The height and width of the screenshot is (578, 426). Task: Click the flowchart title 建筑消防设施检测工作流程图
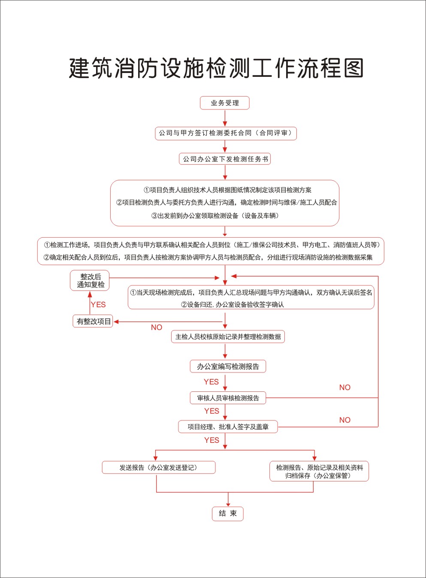(x=216, y=68)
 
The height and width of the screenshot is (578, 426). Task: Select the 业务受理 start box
(x=225, y=103)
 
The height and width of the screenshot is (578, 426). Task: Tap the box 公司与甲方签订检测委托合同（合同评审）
(x=225, y=133)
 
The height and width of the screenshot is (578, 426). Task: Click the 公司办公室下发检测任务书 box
(x=225, y=159)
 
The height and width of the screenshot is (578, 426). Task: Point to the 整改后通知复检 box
(x=91, y=281)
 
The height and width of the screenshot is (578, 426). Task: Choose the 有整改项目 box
(x=94, y=321)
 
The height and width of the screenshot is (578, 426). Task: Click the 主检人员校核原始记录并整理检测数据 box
(x=228, y=337)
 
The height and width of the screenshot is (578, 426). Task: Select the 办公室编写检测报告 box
(x=228, y=366)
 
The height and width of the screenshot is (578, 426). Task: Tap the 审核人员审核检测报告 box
(x=228, y=398)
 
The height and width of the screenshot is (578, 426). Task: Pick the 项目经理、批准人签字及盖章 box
(x=228, y=427)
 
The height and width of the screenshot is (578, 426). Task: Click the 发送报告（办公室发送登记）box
(x=158, y=468)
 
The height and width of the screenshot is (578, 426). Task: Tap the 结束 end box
(x=227, y=514)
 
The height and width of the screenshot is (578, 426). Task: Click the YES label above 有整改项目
(x=98, y=305)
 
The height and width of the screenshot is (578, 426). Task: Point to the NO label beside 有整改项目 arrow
(x=157, y=327)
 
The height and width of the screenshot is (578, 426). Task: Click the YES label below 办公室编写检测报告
(x=211, y=382)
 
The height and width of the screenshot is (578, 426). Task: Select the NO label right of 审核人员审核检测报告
(x=344, y=387)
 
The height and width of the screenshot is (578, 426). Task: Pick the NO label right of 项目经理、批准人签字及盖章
(x=344, y=420)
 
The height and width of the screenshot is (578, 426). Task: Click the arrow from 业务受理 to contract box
(x=225, y=118)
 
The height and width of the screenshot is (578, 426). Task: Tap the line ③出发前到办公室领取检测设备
(x=215, y=216)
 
